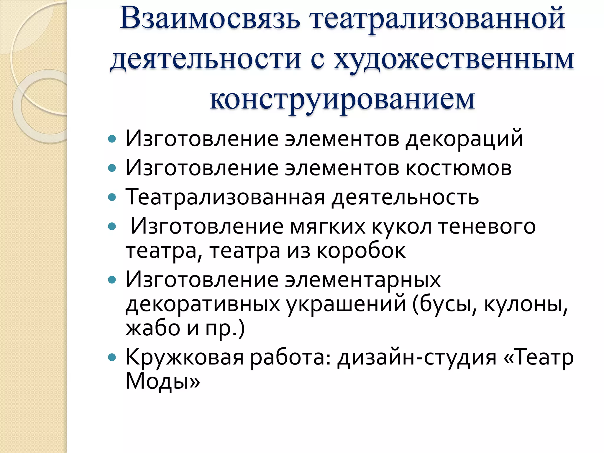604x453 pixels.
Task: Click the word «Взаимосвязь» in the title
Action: [210, 18]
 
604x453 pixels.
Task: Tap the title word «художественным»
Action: [454, 59]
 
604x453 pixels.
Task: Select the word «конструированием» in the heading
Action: [342, 98]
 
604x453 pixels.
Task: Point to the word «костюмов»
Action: [459, 168]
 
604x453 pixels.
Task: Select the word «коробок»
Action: [361, 251]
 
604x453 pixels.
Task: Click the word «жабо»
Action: [153, 328]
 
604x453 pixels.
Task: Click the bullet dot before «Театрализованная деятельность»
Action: [112, 197]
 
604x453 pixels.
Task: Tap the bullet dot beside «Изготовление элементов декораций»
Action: [112, 139]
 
